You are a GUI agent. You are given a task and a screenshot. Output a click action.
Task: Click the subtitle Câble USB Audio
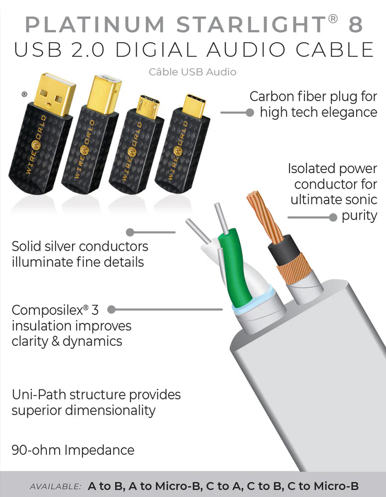(193, 72)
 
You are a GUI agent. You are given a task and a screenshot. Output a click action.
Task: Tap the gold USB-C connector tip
(192, 106)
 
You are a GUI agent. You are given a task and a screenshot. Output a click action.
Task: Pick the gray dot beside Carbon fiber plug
(250, 113)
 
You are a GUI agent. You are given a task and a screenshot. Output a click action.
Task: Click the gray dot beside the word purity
(333, 217)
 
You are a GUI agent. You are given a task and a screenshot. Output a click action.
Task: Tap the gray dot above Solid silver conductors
(130, 232)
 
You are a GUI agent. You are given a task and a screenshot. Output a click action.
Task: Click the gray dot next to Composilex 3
(111, 309)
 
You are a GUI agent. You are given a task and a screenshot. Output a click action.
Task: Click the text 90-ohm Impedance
(73, 450)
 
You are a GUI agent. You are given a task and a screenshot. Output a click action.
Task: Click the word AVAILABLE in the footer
(55, 487)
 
